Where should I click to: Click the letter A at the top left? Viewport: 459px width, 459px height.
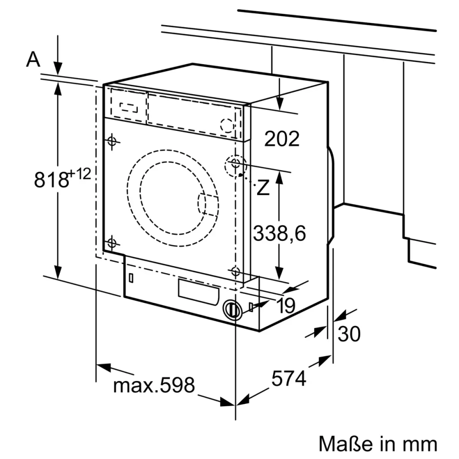tap(33, 59)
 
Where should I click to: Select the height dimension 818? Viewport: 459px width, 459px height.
tap(51, 179)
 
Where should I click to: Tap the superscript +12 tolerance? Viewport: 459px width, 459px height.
tap(79, 174)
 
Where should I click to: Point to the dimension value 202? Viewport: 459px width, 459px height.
tap(281, 139)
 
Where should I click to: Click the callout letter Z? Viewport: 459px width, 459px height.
tap(263, 188)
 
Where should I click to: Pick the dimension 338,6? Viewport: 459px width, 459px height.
tap(279, 233)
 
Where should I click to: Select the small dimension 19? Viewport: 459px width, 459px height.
tap(285, 306)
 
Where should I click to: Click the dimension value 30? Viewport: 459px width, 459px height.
tap(349, 334)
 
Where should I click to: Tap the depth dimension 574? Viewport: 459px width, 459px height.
tap(288, 379)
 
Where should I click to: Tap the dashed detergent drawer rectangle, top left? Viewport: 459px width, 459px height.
tap(128, 106)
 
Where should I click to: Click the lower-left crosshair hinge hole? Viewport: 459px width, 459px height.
tap(112, 243)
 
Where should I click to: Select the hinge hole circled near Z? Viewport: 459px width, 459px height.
tap(235, 164)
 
